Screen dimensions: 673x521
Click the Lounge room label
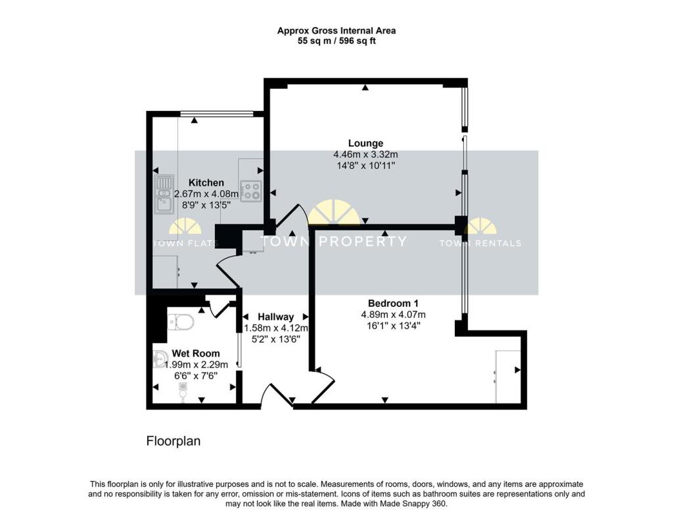click(365, 143)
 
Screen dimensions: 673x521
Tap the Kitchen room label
click(206, 183)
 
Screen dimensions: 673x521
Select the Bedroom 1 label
click(393, 304)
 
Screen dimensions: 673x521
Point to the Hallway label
click(275, 317)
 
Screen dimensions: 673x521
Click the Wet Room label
click(196, 353)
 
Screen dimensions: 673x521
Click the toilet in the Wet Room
click(180, 321)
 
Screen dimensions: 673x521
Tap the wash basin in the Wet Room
click(160, 359)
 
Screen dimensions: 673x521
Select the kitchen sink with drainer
click(164, 194)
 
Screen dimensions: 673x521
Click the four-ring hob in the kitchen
click(251, 191)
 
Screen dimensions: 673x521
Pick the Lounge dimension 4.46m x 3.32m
click(365, 154)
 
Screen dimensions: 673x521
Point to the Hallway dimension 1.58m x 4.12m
click(276, 328)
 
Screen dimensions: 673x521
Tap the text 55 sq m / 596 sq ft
click(336, 41)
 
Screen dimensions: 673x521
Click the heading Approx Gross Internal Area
click(336, 30)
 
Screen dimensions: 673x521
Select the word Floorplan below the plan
click(174, 442)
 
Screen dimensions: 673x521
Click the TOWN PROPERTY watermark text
click(333, 241)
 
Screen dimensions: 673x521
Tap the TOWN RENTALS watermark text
click(480, 243)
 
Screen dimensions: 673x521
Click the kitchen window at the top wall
click(217, 113)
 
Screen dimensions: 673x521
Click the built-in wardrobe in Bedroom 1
click(508, 377)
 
